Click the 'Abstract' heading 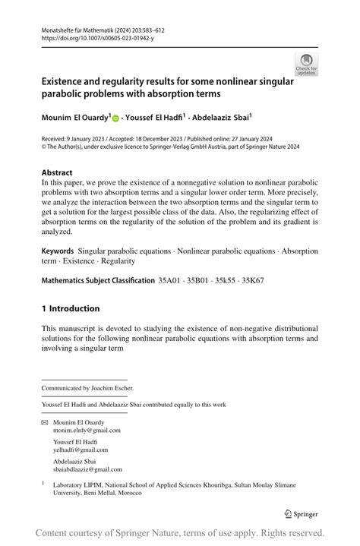pos(58,172)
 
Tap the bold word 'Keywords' pos(58,251)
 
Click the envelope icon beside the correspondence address pos(44,422)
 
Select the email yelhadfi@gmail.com pos(81,450)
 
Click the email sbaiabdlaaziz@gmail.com pos(87,469)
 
